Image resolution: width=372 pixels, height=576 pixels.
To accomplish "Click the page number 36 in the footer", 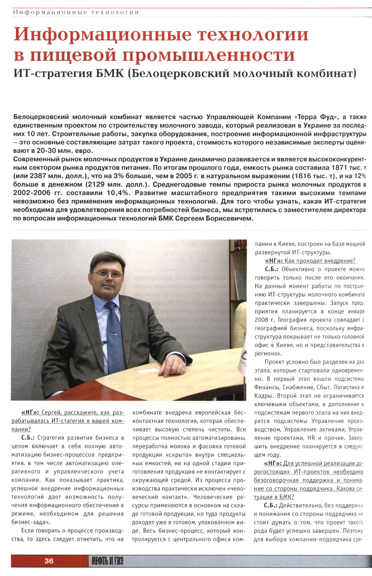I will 49,561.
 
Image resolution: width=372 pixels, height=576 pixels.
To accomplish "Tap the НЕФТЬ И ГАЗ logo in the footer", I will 107,561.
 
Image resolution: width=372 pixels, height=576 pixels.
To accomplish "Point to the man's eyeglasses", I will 108,274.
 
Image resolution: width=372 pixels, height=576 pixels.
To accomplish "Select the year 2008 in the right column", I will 261,320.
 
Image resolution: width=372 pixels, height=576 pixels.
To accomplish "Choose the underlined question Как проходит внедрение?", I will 320,261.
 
